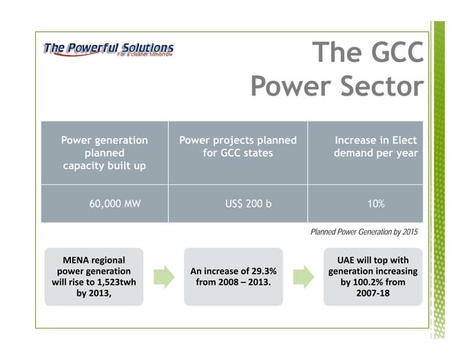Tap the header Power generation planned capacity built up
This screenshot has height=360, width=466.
[104, 153]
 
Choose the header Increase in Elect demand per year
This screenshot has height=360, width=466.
[375, 146]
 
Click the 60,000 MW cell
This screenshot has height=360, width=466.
[115, 204]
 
